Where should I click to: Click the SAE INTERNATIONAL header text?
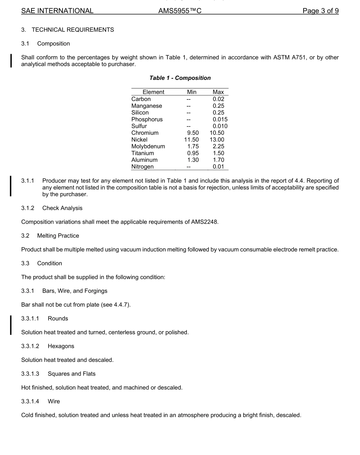(57, 11)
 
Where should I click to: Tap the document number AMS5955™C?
(180, 11)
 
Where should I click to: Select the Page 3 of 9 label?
(320, 11)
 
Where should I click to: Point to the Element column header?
(153, 92)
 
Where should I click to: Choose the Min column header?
(192, 92)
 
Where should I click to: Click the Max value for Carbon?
(218, 99)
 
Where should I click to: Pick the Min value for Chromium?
(193, 133)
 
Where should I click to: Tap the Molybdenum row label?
(148, 146)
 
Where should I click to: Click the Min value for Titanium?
(193, 153)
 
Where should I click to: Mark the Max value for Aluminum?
(218, 160)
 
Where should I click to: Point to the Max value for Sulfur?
(220, 126)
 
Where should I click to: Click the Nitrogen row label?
(142, 167)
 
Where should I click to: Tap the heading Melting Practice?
(58, 236)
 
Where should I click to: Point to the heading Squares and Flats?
(72, 374)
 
